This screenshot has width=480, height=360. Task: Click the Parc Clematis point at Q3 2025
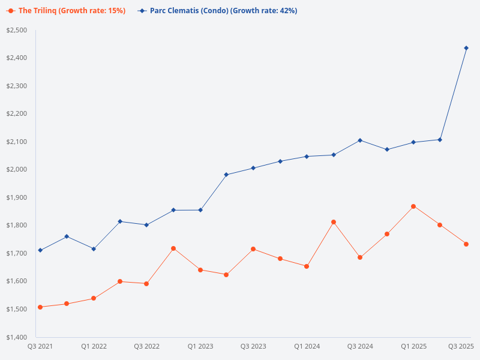point(466,48)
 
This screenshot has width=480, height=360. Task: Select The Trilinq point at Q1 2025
point(413,206)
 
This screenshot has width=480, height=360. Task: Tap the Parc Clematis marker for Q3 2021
point(40,250)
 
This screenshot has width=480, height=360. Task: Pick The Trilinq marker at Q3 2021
point(40,307)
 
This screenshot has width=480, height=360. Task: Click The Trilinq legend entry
point(71,11)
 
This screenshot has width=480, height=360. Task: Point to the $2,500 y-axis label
point(17,30)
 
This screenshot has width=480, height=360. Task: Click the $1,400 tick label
point(17,337)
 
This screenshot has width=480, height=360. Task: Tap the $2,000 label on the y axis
point(17,170)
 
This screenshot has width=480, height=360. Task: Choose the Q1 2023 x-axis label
point(200,347)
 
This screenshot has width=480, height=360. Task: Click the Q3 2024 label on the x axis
point(360,347)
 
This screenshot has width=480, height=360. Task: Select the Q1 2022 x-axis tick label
point(94,347)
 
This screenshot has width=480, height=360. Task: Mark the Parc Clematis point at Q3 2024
point(360,140)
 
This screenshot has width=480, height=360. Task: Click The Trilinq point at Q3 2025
point(466,244)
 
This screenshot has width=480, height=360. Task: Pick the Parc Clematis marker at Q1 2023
point(200,210)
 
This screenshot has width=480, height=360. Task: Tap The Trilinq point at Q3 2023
point(253,249)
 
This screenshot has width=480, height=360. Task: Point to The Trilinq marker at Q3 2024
point(360,257)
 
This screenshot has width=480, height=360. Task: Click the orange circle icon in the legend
point(11,11)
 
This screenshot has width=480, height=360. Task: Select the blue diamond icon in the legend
point(142,11)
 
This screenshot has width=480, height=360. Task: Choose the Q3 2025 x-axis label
point(461,347)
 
